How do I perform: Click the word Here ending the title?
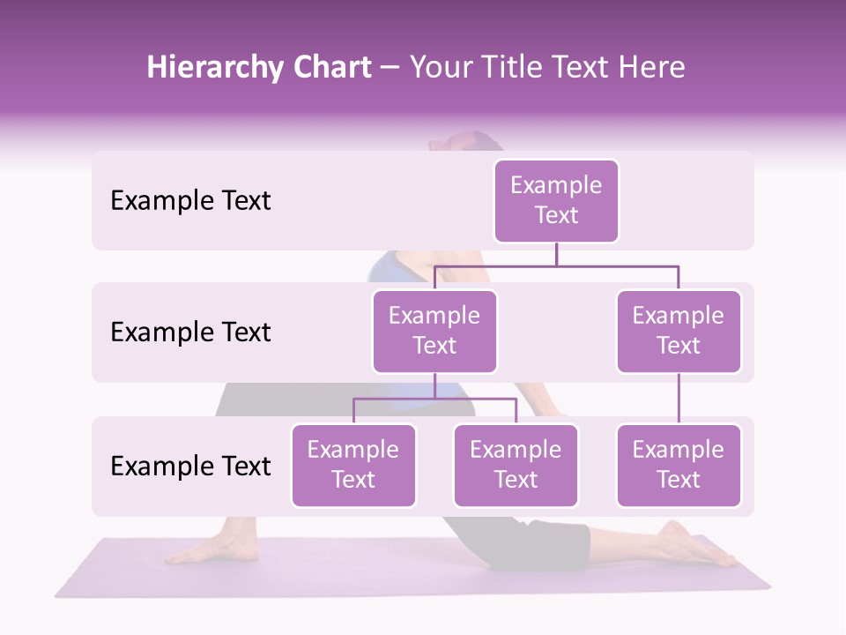coord(650,68)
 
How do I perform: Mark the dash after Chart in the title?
coord(389,69)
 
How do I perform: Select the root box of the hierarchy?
coord(556,200)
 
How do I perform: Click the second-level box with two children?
coord(434,331)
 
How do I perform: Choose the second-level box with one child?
coord(679,331)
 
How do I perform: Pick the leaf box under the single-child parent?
coord(679,465)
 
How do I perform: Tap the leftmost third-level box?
coord(353,465)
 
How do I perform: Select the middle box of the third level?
coord(516,465)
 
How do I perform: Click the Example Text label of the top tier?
coord(190,201)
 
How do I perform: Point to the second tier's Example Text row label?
coord(190,332)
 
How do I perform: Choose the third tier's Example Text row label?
coord(190,466)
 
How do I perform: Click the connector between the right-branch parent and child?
coord(679,399)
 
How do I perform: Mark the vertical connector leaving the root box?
coord(556,254)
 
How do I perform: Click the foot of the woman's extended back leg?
coord(696,545)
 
